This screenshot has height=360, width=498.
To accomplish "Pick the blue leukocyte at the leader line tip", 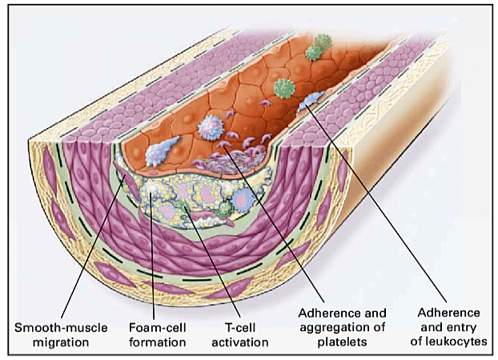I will pyautogui.click(x=307, y=105).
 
